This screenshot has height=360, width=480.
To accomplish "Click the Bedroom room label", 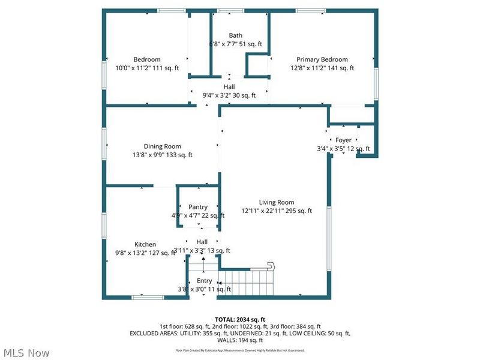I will tap(147, 59).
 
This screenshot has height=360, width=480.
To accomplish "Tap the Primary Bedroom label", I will tap(322, 59).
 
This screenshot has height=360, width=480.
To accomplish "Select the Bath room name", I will tap(236, 35).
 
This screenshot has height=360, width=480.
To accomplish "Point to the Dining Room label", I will tap(162, 146).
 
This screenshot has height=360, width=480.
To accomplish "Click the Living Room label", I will tap(277, 202).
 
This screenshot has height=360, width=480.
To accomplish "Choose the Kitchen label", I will tap(145, 244).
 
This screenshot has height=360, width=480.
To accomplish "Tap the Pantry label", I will tap(198, 207).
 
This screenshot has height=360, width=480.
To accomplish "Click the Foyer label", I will tap(343, 140).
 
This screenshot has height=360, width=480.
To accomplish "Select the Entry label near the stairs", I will tap(205, 281).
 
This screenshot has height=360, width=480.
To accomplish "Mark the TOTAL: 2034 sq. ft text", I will tap(240, 319).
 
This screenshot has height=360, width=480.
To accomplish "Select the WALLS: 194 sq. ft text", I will tap(240, 340).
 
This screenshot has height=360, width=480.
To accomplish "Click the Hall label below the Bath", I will tap(229, 86).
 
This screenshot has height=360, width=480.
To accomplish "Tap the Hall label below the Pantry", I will tap(202, 242).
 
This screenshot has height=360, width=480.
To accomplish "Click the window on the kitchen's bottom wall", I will tap(148, 296).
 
